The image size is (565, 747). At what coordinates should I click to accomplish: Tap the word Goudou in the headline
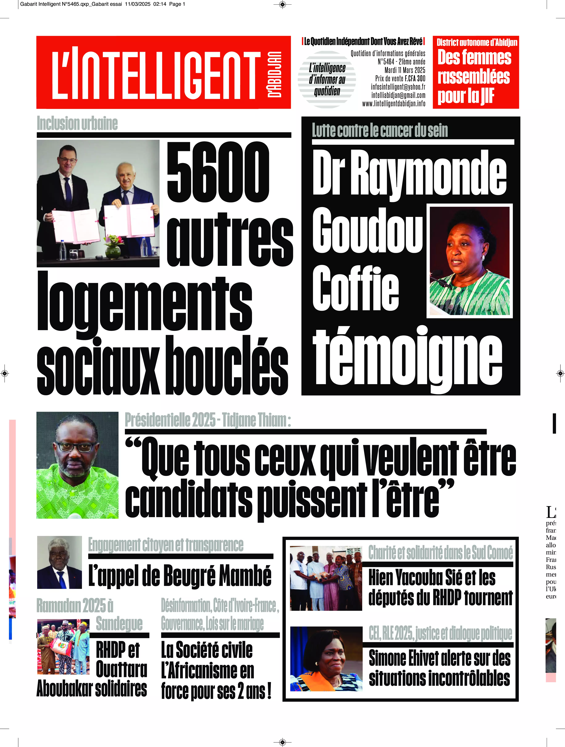367,231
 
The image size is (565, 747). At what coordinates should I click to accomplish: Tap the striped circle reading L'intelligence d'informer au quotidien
327,79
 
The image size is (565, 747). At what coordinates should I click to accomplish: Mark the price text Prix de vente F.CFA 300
400,78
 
